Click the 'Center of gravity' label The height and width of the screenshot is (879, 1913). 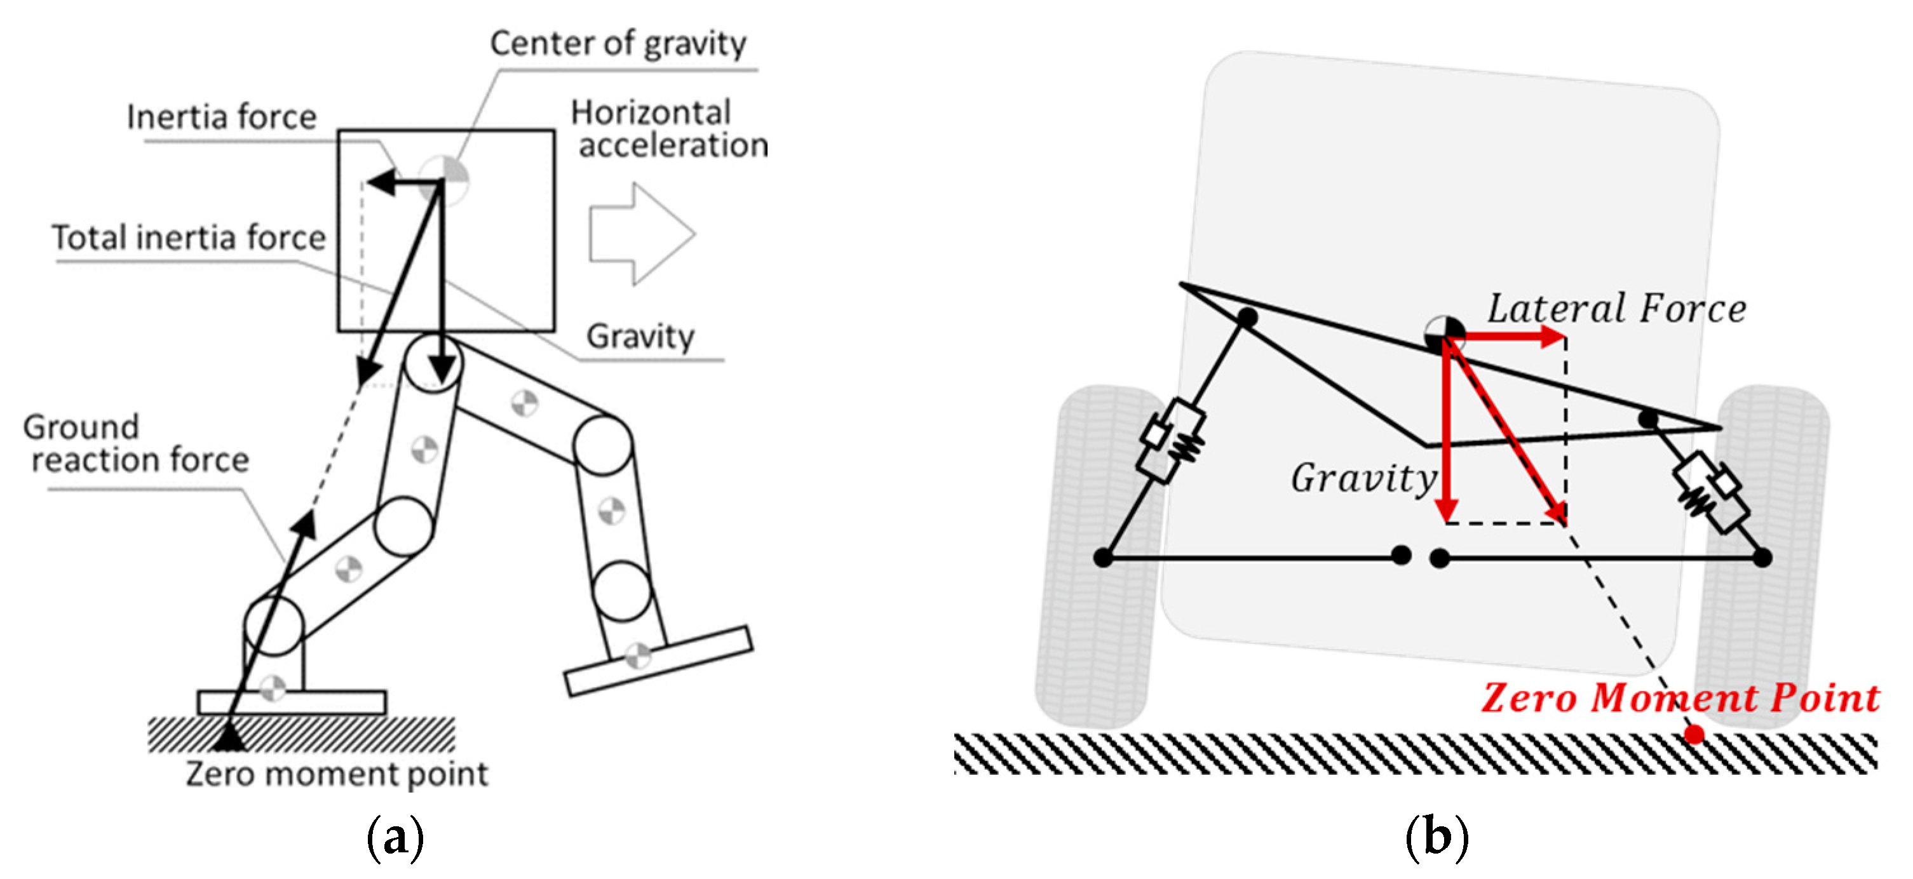tap(617, 43)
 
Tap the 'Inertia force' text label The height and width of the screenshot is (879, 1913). tap(221, 117)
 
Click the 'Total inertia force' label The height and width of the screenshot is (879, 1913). tap(189, 238)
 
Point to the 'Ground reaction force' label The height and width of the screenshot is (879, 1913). tap(136, 443)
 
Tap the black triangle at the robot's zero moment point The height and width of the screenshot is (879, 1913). tap(229, 737)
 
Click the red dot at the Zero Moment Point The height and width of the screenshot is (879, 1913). tap(1694, 734)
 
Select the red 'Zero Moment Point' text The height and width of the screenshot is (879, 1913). tap(1680, 698)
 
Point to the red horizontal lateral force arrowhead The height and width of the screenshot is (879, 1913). tap(1552, 337)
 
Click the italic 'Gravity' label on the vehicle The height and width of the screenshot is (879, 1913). tap(1363, 478)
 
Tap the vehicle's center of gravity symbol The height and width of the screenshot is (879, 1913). tap(1444, 334)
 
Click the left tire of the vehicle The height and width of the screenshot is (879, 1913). tap(1092, 557)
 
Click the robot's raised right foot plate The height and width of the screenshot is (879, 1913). tap(658, 661)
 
